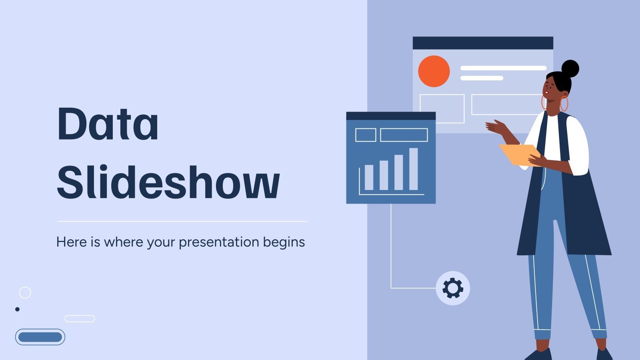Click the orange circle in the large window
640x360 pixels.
(434, 71)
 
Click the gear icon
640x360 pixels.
(453, 288)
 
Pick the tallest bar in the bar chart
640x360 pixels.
(413, 169)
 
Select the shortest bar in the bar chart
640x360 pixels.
(369, 177)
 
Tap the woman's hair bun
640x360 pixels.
(570, 69)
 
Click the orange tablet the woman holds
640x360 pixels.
(518, 154)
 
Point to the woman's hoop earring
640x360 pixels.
(564, 104)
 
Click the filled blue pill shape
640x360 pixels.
(40, 337)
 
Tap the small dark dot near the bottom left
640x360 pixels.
(17, 309)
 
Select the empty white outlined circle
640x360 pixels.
(25, 292)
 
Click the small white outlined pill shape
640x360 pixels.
(80, 318)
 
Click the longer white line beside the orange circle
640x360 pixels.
(503, 68)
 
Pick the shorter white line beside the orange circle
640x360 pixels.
(482, 78)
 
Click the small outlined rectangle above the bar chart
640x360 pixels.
(366, 135)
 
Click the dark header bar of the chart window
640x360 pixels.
(390, 116)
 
